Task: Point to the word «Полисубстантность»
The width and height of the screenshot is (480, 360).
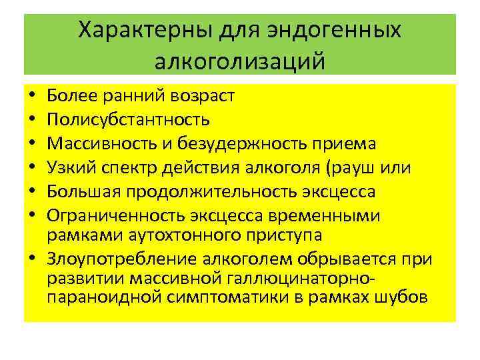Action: (x=129, y=120)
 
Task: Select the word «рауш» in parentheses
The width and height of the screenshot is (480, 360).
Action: (x=373, y=168)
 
